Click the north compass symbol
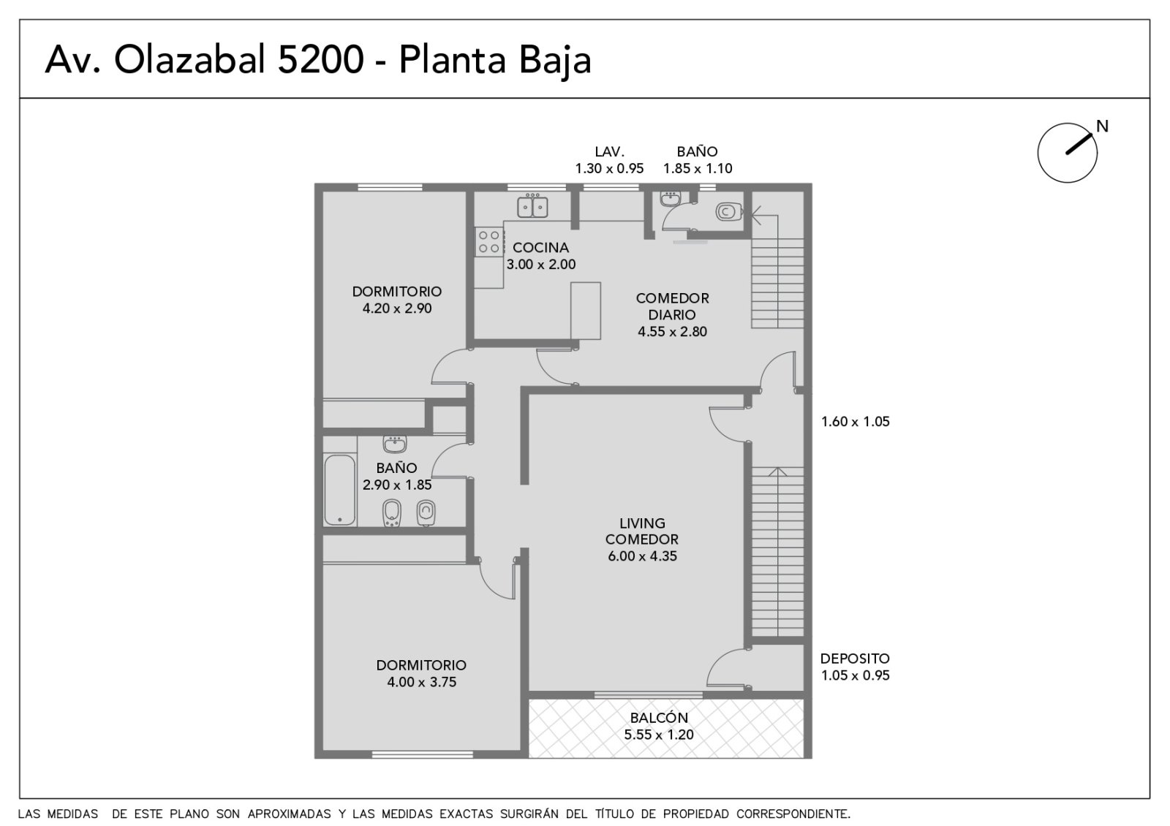click(1067, 153)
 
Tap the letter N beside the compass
click(1102, 126)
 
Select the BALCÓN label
click(659, 717)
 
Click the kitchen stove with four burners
click(489, 242)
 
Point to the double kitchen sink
click(532, 205)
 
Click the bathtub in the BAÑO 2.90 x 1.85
click(339, 490)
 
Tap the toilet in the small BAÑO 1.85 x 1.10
click(728, 211)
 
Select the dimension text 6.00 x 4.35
click(642, 556)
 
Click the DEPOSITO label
click(855, 659)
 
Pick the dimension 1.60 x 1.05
click(855, 421)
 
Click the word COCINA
click(540, 248)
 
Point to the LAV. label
click(610, 151)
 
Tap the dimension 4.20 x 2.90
click(397, 308)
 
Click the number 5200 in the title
click(320, 60)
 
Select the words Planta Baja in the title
click(495, 61)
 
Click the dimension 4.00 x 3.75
click(421, 682)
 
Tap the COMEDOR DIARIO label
click(672, 306)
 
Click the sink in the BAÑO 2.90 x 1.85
click(394, 444)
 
